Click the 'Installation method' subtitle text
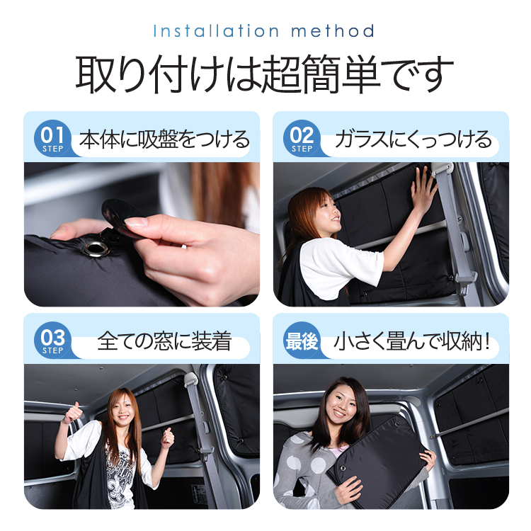tap(263, 31)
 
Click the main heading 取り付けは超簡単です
tap(265, 74)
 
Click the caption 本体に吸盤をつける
tap(164, 139)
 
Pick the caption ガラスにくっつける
tap(413, 139)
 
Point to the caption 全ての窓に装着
tap(164, 342)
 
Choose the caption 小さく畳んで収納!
tap(414, 342)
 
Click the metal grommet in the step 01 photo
tap(93, 247)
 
